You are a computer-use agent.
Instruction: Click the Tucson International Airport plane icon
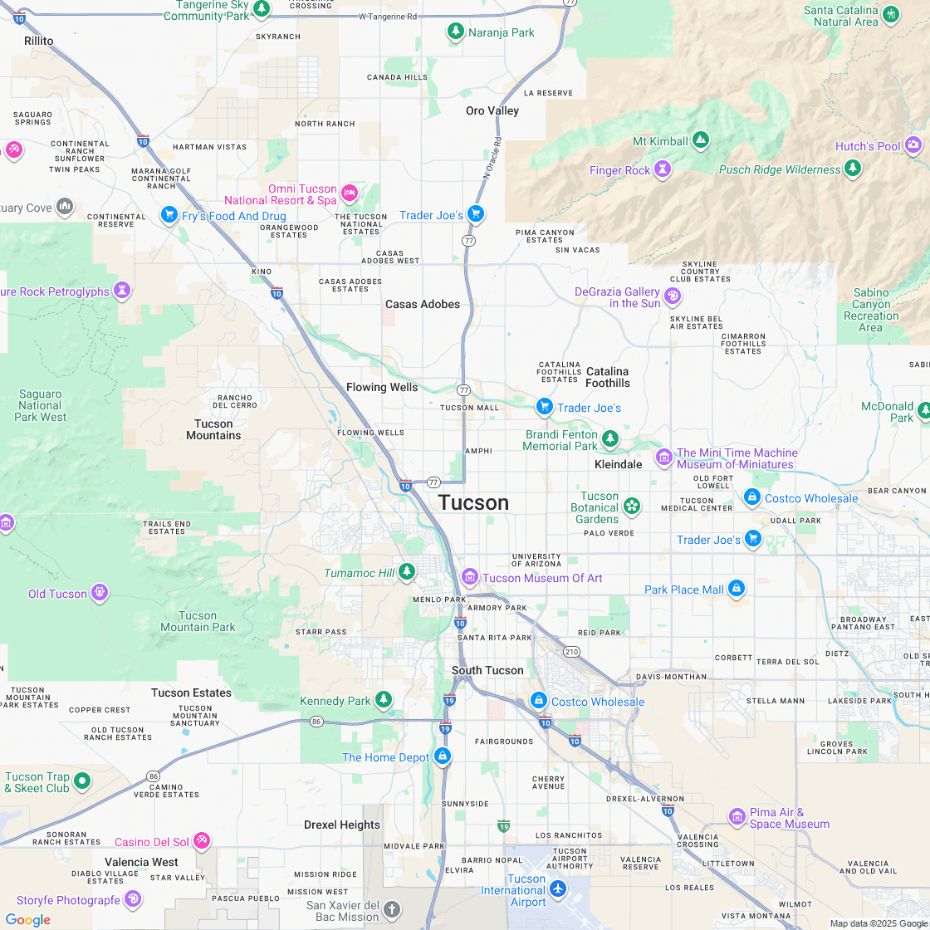557,889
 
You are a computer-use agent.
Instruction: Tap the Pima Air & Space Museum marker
737,817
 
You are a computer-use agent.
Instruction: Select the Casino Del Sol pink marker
202,842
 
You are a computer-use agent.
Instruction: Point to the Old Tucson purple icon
100,593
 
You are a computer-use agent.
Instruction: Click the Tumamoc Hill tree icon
406,571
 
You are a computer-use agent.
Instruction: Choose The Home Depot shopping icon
443,756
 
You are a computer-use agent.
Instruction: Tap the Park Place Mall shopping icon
736,589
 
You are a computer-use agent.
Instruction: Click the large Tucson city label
473,503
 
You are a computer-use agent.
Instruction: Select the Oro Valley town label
492,110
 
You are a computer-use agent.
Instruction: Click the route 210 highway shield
571,652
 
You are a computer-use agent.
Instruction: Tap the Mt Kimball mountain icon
700,140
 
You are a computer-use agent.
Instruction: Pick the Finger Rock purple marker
663,169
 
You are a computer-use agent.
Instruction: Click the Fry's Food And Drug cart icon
169,215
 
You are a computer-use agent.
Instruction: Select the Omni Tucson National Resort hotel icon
350,193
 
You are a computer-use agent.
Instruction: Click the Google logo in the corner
27,919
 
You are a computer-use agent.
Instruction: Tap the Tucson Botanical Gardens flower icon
631,506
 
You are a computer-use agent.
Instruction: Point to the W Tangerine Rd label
388,17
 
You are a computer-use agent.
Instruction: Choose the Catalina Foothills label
608,377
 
